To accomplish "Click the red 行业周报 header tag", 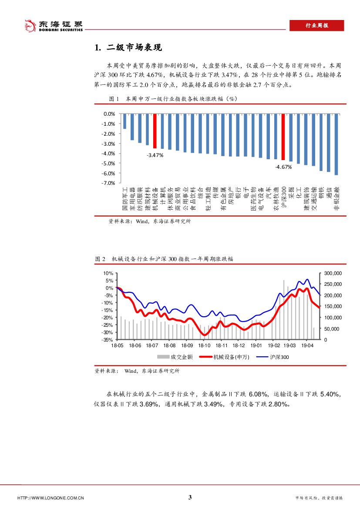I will point(316,26).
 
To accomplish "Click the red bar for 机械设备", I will point(155,131).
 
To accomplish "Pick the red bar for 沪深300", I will point(283,137).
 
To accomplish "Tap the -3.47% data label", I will point(155,155).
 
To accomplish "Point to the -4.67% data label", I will point(283,167).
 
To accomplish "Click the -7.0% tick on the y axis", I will point(108,183).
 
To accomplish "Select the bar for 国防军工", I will point(124,121).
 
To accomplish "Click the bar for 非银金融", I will point(336,144).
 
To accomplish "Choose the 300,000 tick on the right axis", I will point(334,273).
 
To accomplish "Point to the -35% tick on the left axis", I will point(108,340).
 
